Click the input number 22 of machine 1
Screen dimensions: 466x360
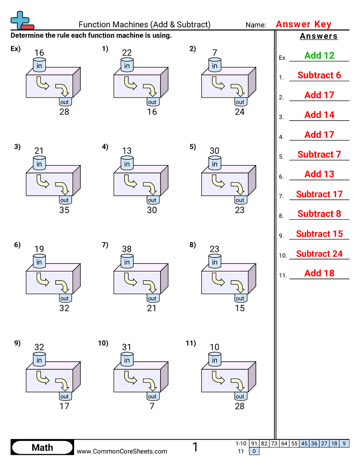click(x=127, y=53)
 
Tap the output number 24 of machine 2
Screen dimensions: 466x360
click(x=240, y=112)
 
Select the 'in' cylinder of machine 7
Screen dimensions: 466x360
click(x=127, y=262)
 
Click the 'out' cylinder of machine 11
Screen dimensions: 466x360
click(x=240, y=397)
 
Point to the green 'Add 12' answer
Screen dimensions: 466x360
click(x=319, y=56)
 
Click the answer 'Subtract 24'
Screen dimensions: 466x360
click(x=319, y=254)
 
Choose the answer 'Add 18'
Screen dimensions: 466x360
click(x=319, y=273)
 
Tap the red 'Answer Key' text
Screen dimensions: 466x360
click(x=304, y=24)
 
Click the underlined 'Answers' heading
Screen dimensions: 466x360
click(x=319, y=36)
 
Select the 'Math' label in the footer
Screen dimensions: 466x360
click(x=42, y=448)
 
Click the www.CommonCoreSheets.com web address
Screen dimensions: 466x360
click(x=122, y=451)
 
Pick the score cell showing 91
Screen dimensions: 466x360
click(x=254, y=443)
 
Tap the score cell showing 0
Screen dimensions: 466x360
click(x=254, y=451)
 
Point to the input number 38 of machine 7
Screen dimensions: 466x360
click(x=127, y=249)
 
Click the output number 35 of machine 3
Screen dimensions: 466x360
click(x=64, y=210)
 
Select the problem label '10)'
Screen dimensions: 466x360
click(x=103, y=343)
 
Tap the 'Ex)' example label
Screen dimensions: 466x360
click(x=15, y=49)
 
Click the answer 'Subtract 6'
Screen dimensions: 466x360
click(x=319, y=75)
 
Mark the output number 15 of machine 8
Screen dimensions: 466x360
click(x=240, y=308)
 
